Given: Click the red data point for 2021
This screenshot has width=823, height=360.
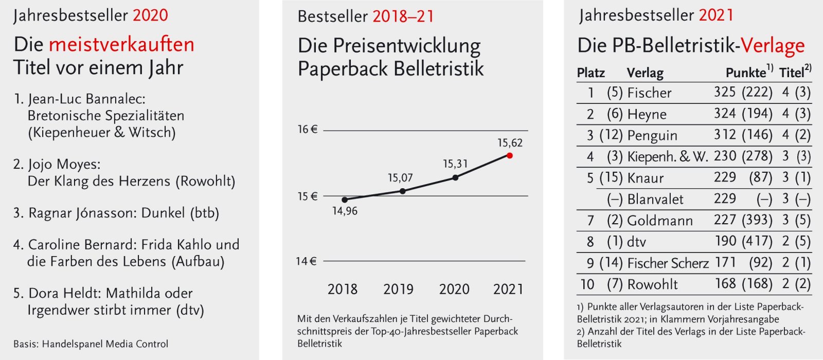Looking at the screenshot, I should pyautogui.click(x=510, y=155).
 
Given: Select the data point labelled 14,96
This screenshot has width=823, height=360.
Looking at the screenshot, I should pyautogui.click(x=345, y=200).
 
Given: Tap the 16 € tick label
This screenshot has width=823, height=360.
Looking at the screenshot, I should pyautogui.click(x=307, y=130).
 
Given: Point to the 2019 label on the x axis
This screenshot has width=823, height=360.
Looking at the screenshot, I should pyautogui.click(x=398, y=289).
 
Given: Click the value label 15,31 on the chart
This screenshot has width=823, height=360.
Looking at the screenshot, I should pyautogui.click(x=455, y=164).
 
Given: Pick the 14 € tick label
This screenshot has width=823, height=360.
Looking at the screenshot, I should pyautogui.click(x=306, y=261).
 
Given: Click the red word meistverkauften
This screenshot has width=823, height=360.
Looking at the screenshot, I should pyautogui.click(x=121, y=44).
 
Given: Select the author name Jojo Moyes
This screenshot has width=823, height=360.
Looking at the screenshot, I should pyautogui.click(x=64, y=165).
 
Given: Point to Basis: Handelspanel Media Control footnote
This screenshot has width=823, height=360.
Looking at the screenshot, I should pyautogui.click(x=91, y=344).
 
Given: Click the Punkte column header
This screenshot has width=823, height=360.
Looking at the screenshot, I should pyautogui.click(x=745, y=73).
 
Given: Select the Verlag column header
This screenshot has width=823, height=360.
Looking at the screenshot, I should pyautogui.click(x=645, y=73).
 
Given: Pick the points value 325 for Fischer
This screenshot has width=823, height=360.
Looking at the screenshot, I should pyautogui.click(x=725, y=92).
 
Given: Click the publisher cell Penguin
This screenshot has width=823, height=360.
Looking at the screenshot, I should pyautogui.click(x=652, y=135).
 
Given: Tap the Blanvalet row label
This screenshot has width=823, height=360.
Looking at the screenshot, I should pyautogui.click(x=655, y=199).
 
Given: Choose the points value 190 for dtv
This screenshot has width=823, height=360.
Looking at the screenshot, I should pyautogui.click(x=725, y=241).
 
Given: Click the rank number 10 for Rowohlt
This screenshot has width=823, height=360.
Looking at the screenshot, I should pyautogui.click(x=587, y=284).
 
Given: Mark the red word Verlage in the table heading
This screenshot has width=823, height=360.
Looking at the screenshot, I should pyautogui.click(x=773, y=46).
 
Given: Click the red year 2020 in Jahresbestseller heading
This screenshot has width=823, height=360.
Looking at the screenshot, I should pyautogui.click(x=150, y=15).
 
